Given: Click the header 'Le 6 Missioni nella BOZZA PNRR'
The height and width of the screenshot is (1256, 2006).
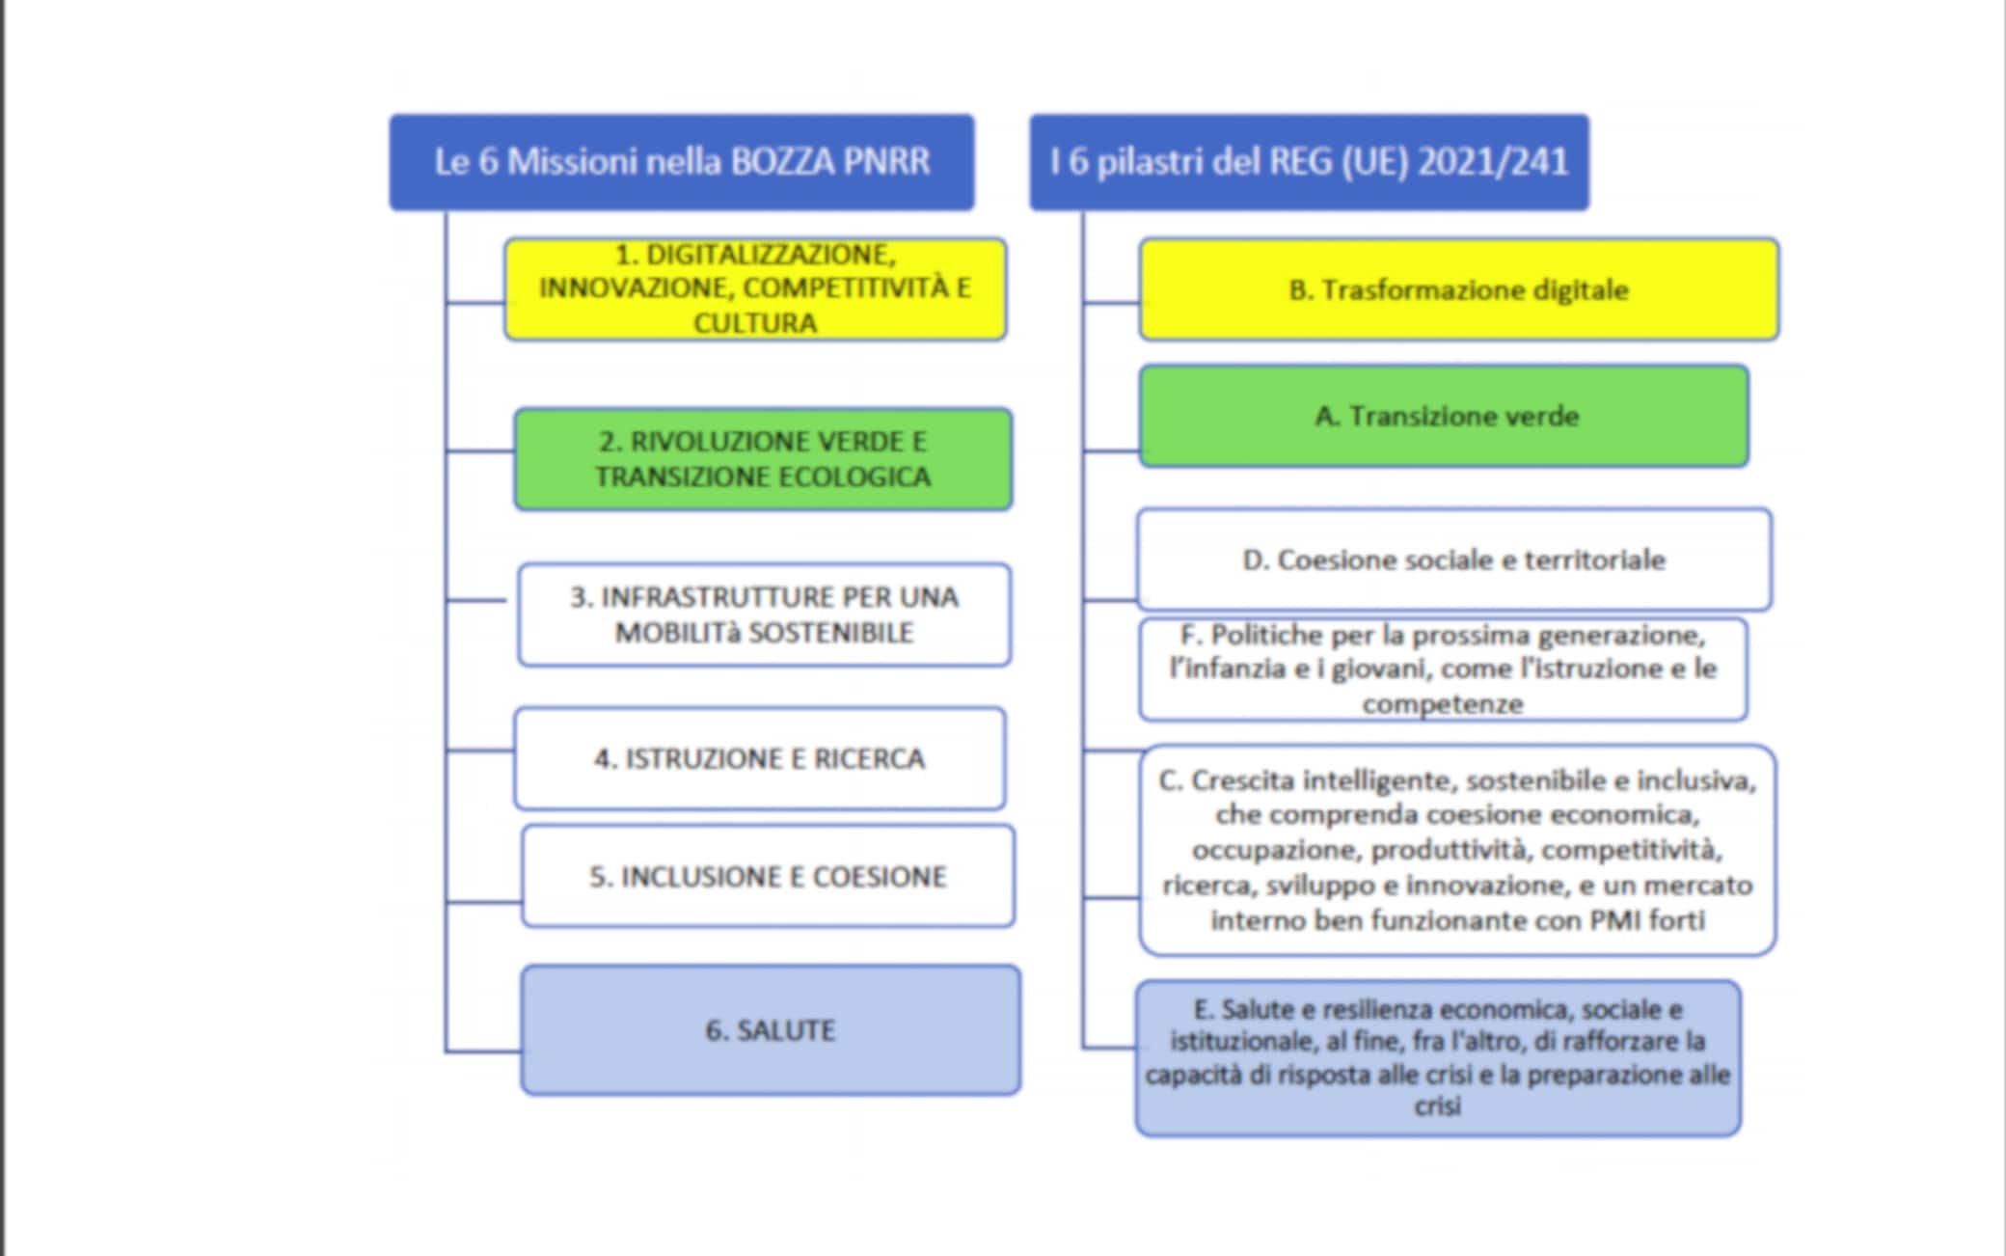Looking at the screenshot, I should pyautogui.click(x=681, y=162).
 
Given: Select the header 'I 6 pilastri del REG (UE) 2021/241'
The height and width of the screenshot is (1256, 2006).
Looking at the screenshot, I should pyautogui.click(x=1309, y=162).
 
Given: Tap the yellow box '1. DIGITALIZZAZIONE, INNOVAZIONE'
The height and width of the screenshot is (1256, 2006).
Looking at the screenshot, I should pyautogui.click(x=755, y=288).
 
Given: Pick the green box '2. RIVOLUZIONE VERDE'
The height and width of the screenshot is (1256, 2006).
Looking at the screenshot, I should pyautogui.click(x=763, y=459).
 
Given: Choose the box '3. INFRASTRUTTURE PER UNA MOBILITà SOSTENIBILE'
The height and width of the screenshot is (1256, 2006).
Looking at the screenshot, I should pyautogui.click(x=764, y=614).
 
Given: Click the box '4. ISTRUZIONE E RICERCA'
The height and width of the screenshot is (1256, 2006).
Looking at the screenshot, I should pyautogui.click(x=760, y=758).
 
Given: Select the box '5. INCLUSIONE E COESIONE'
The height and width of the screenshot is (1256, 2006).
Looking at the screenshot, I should pyautogui.click(x=768, y=876).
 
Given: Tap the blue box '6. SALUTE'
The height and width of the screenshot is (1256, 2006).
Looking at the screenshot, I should pyautogui.click(x=771, y=1030).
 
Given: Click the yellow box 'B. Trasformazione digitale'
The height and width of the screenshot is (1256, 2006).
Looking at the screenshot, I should pyautogui.click(x=1458, y=289).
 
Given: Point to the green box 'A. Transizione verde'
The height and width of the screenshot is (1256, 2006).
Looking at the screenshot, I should pyautogui.click(x=1445, y=416).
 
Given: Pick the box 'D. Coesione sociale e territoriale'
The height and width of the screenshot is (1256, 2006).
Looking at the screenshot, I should pyautogui.click(x=1453, y=560).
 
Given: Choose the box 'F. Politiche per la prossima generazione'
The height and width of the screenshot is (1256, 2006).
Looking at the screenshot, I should pyautogui.click(x=1443, y=669).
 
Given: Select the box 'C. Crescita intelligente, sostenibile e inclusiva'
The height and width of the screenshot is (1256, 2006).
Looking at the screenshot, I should pyautogui.click(x=1457, y=850).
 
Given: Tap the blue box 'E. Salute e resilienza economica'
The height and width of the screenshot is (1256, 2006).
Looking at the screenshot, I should pyautogui.click(x=1438, y=1058).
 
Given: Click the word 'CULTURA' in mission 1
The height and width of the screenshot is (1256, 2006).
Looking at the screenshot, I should pyautogui.click(x=755, y=322).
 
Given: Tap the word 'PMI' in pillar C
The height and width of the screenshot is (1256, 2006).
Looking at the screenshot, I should pyautogui.click(x=1615, y=920).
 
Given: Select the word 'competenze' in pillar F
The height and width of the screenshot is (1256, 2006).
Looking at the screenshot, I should pyautogui.click(x=1443, y=704).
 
